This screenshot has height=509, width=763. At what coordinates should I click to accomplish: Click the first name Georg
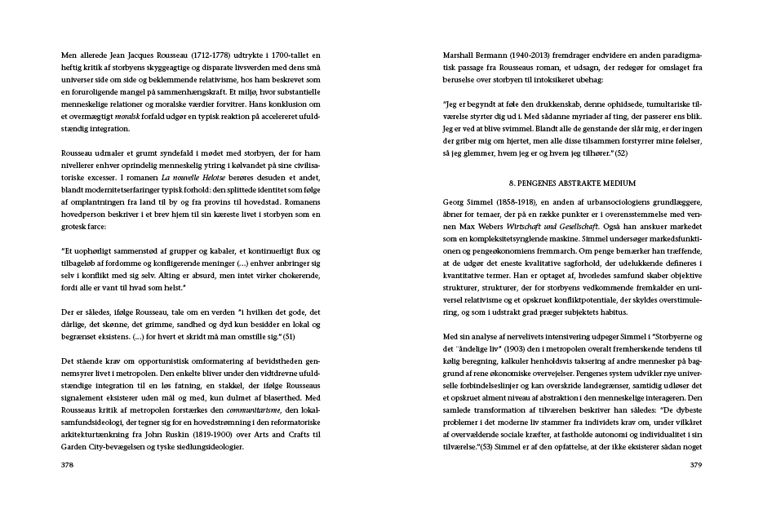point(454,201)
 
